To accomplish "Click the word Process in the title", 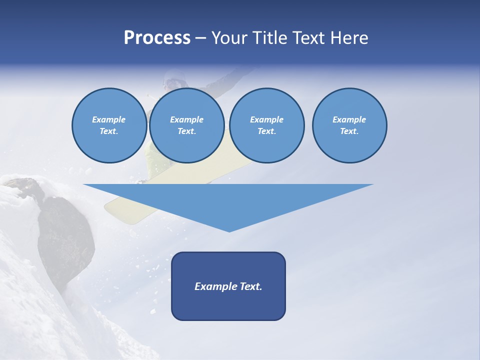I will (x=157, y=37).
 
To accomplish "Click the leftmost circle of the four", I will (x=109, y=125).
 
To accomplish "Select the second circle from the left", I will (x=186, y=125).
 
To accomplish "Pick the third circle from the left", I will (x=266, y=125).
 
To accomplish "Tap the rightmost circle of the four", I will (x=349, y=125).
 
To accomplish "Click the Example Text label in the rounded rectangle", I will (x=228, y=286).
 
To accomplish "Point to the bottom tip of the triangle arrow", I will (x=229, y=231).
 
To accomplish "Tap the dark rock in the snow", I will (x=65, y=235).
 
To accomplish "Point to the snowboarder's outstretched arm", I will (x=230, y=77).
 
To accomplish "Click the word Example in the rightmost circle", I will (x=349, y=119).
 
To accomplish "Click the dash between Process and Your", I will (x=201, y=38).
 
